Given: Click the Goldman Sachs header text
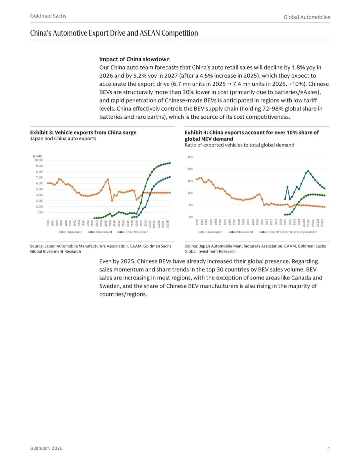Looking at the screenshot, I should [48, 16].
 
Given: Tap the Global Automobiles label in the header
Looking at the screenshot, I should [307, 17].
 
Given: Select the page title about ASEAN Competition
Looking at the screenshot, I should [114, 33].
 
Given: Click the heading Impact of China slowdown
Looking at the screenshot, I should [134, 59].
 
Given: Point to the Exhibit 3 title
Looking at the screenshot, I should [83, 132].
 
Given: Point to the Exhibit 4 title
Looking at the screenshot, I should [252, 135].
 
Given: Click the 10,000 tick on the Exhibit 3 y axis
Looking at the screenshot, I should [39, 160].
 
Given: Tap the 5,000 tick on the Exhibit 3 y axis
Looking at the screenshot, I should [40, 189].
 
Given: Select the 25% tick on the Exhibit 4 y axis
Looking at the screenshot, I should [190, 157].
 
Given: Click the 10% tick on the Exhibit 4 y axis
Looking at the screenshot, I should [190, 193].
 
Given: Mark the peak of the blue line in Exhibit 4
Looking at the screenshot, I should [308, 171].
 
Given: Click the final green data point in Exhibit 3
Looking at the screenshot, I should [170, 163].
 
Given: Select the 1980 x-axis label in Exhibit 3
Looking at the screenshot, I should [48, 223].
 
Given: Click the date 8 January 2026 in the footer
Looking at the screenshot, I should [46, 448].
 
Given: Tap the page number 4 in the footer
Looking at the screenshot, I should [328, 448].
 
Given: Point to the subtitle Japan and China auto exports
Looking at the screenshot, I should [63, 138].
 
